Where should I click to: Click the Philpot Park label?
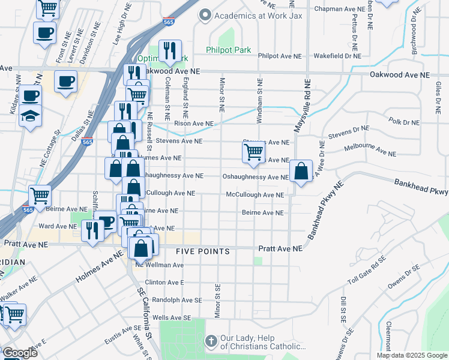click(228, 50)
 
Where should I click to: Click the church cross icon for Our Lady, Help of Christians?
click(210, 341)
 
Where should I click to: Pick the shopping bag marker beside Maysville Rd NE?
click(301, 171)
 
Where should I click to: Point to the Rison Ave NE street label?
click(193, 124)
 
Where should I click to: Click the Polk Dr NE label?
click(404, 122)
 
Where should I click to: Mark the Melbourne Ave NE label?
click(370, 151)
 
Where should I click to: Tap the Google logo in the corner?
click(19, 353)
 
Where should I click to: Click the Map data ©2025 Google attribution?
click(412, 355)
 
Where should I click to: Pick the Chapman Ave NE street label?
click(340, 10)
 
